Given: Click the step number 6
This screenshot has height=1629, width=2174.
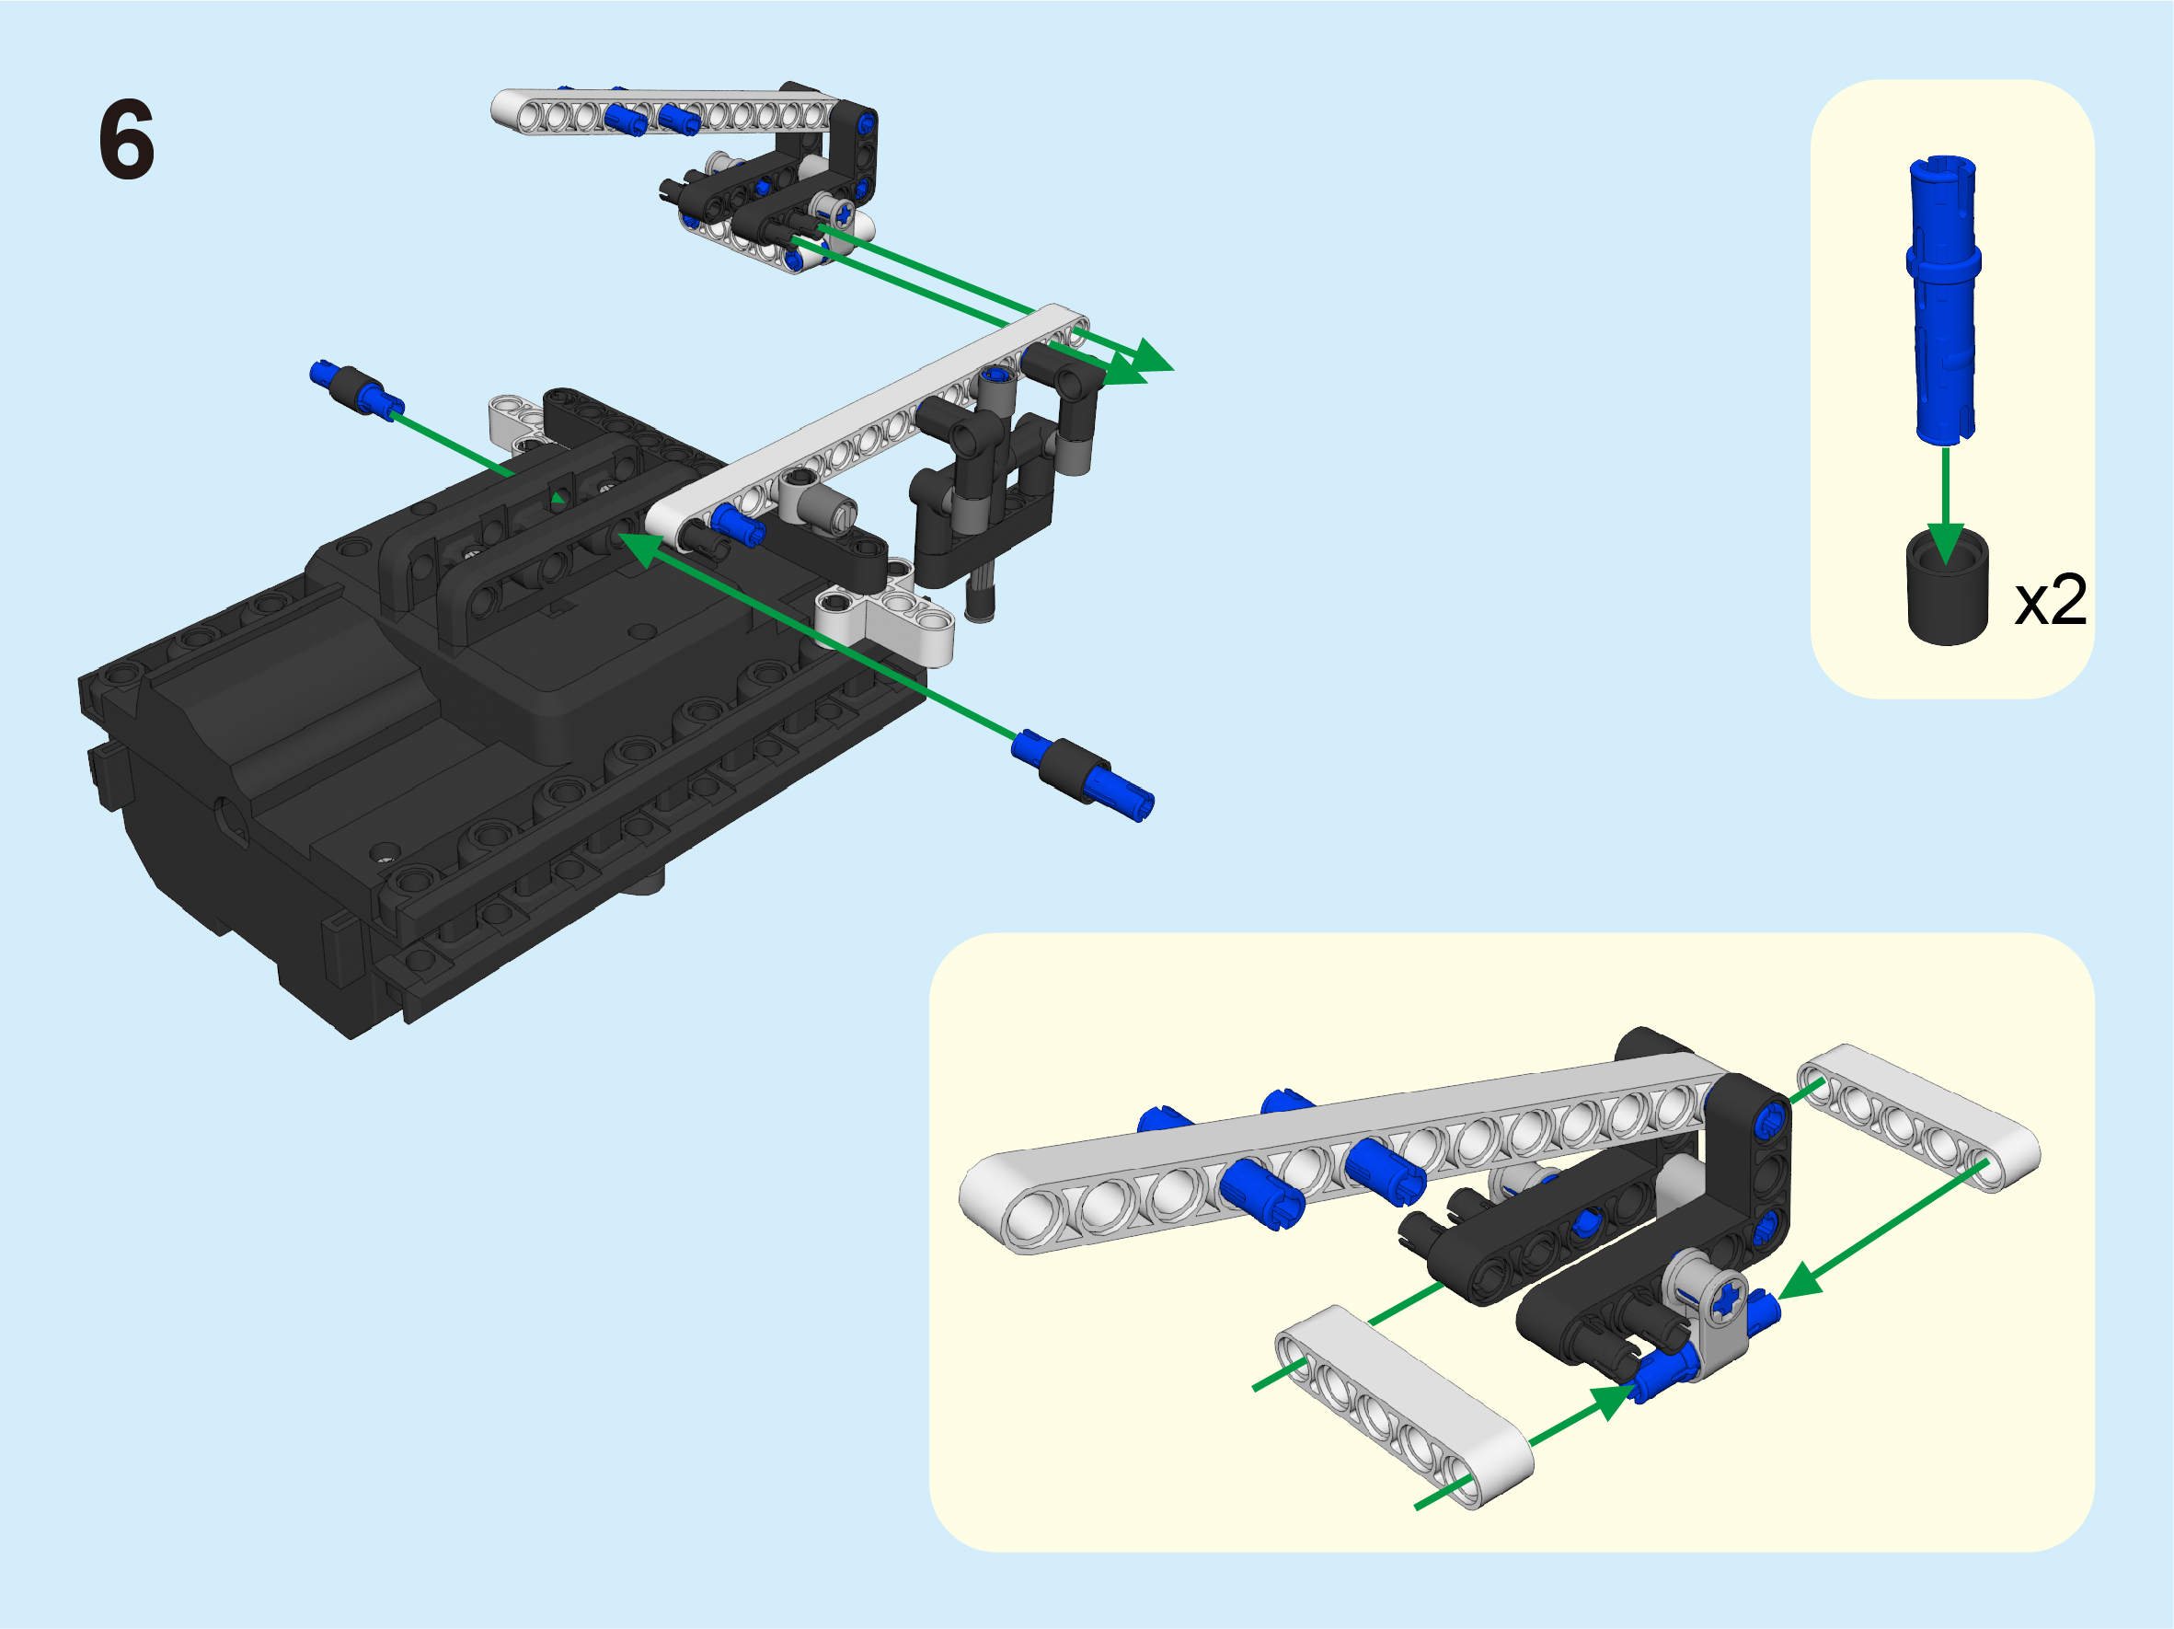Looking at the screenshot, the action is pyautogui.click(x=127, y=140).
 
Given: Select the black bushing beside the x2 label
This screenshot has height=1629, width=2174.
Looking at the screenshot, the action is pyautogui.click(x=1947, y=588).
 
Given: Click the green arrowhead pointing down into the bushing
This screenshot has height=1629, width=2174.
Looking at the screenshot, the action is pyautogui.click(x=1945, y=544).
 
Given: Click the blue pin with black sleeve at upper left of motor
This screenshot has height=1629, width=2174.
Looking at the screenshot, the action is pyautogui.click(x=357, y=389).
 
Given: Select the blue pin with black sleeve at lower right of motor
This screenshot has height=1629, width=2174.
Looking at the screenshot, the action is pyautogui.click(x=1082, y=775).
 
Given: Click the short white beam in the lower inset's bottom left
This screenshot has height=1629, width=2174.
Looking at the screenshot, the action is pyautogui.click(x=1403, y=1406).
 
